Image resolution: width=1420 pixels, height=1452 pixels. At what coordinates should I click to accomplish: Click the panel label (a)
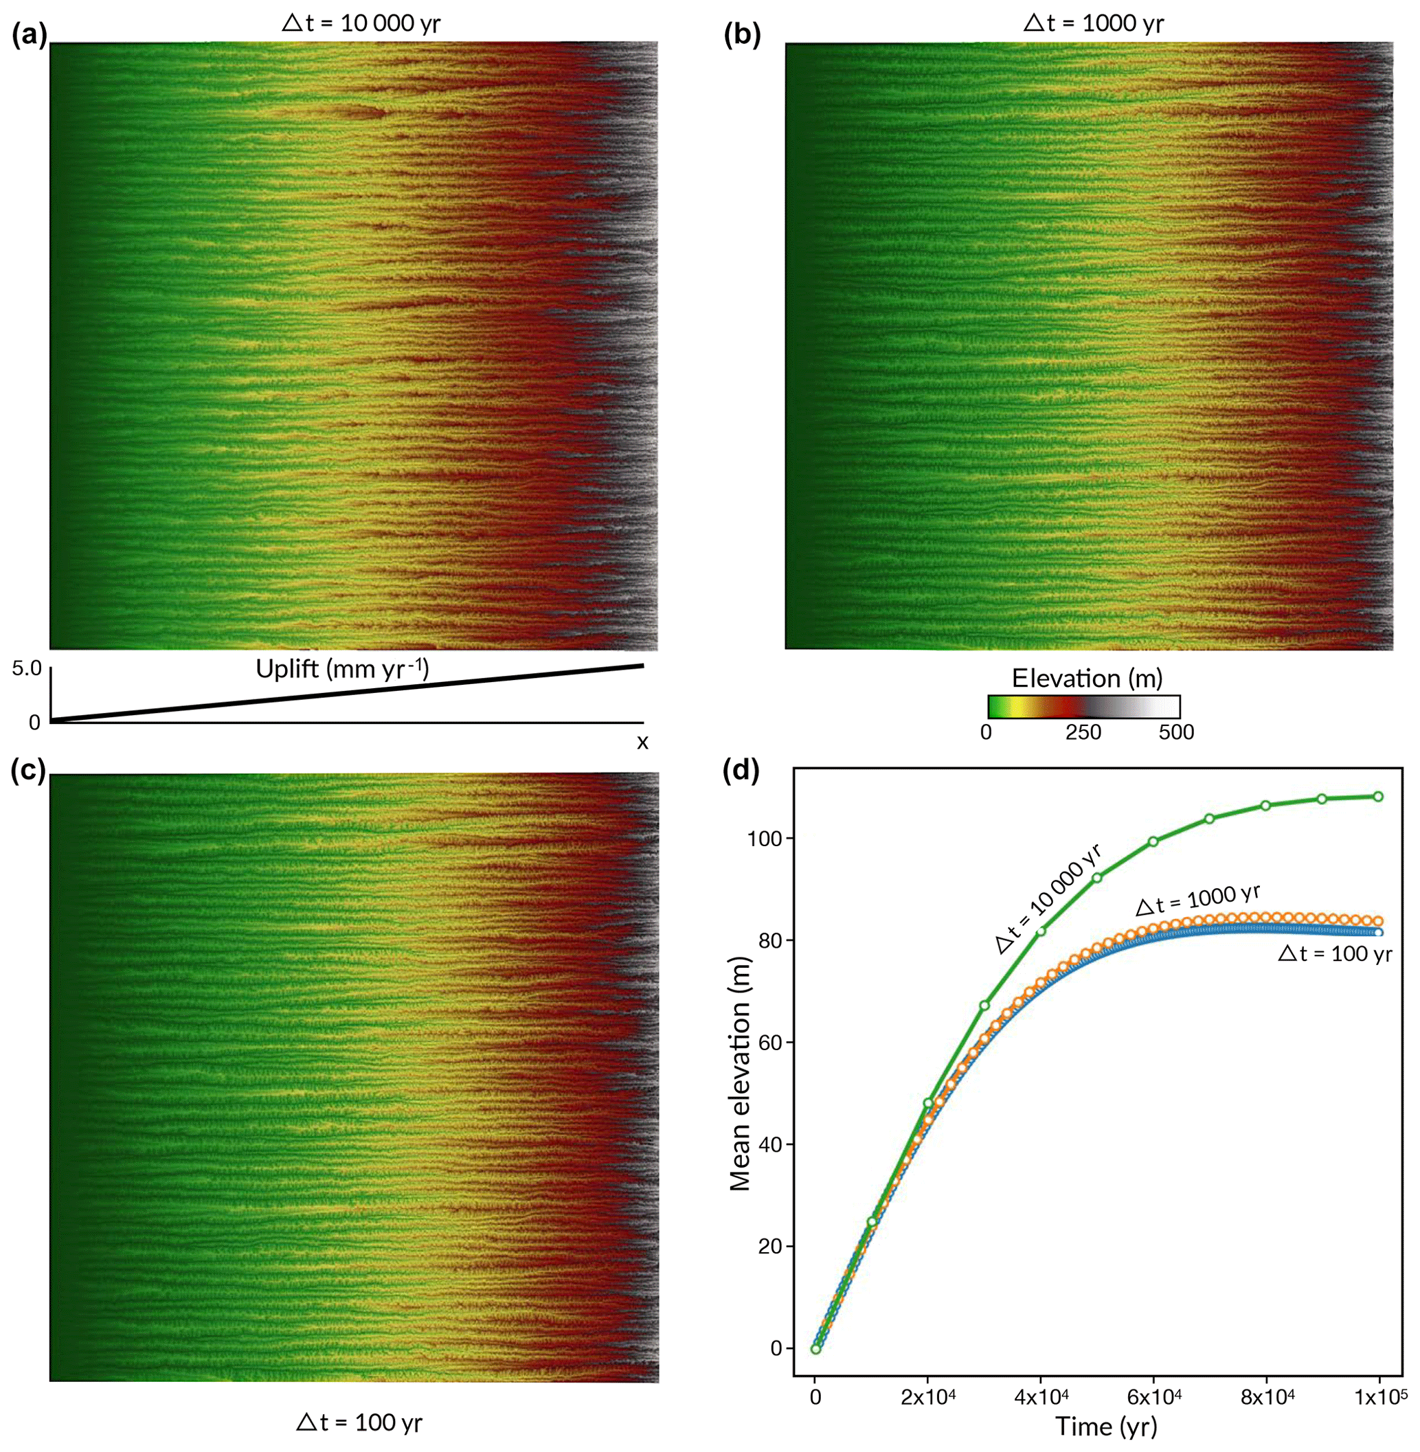28,36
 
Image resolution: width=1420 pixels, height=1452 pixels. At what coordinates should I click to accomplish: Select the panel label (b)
742,36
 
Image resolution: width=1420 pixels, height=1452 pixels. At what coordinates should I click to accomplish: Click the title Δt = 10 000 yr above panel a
361,23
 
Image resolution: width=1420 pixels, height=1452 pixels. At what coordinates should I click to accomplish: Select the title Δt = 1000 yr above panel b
1094,23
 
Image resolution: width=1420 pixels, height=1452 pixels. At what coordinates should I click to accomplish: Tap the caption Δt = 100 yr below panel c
359,1422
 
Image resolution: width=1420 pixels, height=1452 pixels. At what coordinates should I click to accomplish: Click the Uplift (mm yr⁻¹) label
342,669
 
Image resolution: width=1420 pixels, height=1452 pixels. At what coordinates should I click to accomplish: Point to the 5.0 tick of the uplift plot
27,668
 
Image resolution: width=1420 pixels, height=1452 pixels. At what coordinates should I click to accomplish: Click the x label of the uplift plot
642,742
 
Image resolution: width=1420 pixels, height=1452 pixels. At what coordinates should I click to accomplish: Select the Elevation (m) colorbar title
1087,678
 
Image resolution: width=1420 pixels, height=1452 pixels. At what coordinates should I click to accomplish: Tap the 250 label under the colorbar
1083,732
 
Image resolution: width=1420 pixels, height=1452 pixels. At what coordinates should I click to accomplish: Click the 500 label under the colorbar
1176,732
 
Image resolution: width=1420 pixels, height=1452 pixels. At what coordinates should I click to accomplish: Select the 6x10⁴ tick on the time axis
1153,1398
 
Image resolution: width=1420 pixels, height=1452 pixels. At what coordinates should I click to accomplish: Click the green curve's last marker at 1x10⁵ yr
1378,797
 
